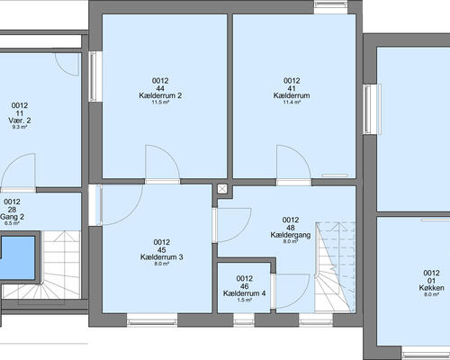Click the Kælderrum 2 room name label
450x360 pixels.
pos(160,95)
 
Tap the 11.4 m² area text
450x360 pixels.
pos(292,103)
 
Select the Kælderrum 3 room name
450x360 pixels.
pos(162,257)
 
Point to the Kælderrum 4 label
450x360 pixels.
pos(244,293)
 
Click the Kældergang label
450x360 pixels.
pos(291,235)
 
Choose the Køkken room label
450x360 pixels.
pos(431,288)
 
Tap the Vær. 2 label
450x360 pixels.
pos(20,121)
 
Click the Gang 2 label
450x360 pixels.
pos(13,217)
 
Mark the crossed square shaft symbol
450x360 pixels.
pos(222,189)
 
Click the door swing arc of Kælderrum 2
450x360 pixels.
pos(169,155)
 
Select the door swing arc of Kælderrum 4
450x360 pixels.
pos(300,299)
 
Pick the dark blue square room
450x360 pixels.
pos(18,258)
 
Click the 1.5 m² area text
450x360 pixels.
pos(244,300)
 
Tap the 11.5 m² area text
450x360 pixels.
pos(160,103)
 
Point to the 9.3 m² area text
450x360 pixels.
pos(20,127)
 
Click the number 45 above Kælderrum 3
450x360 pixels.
pos(162,250)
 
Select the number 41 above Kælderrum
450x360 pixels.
pos(292,88)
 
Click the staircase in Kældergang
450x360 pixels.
pos(335,267)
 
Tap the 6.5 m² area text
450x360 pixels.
pos(13,223)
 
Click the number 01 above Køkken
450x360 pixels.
pos(431,281)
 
